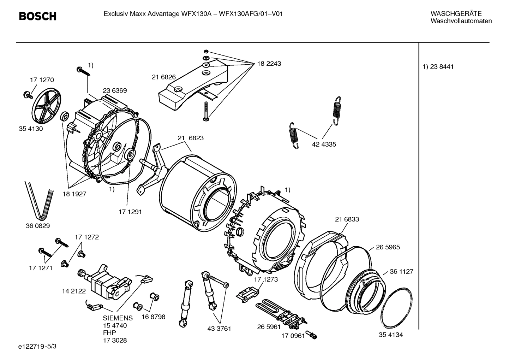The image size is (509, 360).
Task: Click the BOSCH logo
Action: click(37, 16)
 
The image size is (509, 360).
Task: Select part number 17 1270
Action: click(42, 80)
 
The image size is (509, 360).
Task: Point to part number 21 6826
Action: click(164, 77)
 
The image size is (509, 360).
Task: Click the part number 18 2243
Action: click(269, 64)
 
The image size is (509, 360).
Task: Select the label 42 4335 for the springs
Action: click(324, 144)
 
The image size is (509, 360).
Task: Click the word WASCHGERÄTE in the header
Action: click(456, 14)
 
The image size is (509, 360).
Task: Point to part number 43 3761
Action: click(219, 329)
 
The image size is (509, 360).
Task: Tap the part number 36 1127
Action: click(401, 272)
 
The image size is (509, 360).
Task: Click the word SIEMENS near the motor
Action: click(118, 318)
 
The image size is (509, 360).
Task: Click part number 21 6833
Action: click(347, 219)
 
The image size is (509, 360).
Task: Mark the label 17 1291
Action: click(130, 212)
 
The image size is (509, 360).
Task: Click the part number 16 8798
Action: click(153, 317)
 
